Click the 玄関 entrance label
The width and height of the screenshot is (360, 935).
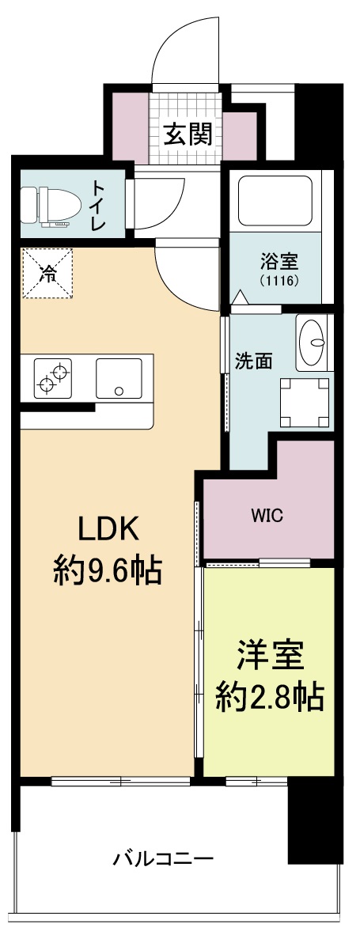(x=188, y=134)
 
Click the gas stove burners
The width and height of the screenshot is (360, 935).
(x=53, y=377)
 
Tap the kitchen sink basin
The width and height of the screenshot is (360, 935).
(x=119, y=378)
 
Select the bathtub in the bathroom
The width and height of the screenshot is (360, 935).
(x=275, y=201)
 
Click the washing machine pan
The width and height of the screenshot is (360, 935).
(x=304, y=401)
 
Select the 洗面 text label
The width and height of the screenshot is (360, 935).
(x=253, y=360)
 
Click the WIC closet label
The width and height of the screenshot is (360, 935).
(x=267, y=517)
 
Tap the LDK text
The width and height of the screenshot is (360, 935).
(x=108, y=528)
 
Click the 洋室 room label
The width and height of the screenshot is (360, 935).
(x=269, y=656)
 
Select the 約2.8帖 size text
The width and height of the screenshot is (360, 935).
(x=269, y=696)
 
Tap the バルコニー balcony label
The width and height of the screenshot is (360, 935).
(x=163, y=857)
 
